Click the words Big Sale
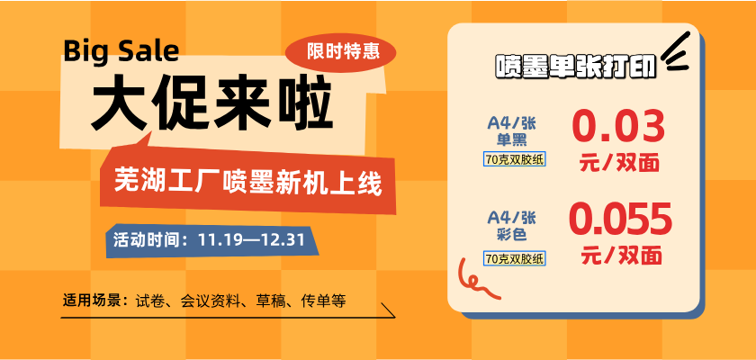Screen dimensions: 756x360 click(121, 50)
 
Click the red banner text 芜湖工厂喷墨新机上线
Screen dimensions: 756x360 click(247, 183)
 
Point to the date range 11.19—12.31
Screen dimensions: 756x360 click(251, 239)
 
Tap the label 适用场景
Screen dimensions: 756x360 click(93, 301)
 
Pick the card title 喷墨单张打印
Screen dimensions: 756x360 click(576, 67)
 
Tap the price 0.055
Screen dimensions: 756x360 click(621, 220)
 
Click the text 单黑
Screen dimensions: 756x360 click(511, 139)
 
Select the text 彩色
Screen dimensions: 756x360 click(511, 235)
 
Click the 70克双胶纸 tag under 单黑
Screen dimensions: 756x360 click(515, 159)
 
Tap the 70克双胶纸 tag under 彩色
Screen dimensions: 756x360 click(515, 258)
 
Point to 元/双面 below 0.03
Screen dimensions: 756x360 click(619, 164)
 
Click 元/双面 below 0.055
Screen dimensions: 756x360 click(622, 256)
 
